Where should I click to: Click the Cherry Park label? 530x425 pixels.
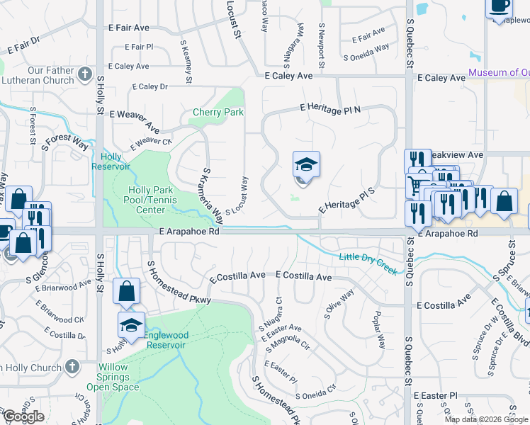click(x=218, y=113)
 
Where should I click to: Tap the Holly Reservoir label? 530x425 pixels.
click(x=111, y=161)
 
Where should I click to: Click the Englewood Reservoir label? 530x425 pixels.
click(x=165, y=340)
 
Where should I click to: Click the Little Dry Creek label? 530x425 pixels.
click(x=367, y=263)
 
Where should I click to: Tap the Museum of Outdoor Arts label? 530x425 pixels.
click(x=498, y=73)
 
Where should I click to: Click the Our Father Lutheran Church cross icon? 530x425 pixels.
click(x=85, y=73)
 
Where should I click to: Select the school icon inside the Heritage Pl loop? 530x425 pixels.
click(x=307, y=165)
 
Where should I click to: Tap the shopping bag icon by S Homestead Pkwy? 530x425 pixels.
click(x=126, y=291)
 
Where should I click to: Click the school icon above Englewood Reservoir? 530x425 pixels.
click(x=131, y=324)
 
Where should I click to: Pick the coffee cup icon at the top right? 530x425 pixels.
click(x=499, y=6)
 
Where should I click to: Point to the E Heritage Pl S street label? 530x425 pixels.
click(x=346, y=200)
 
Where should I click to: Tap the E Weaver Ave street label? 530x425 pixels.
click(x=133, y=118)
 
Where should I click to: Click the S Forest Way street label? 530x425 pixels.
click(x=64, y=139)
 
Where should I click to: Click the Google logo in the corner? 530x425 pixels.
click(x=24, y=416)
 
